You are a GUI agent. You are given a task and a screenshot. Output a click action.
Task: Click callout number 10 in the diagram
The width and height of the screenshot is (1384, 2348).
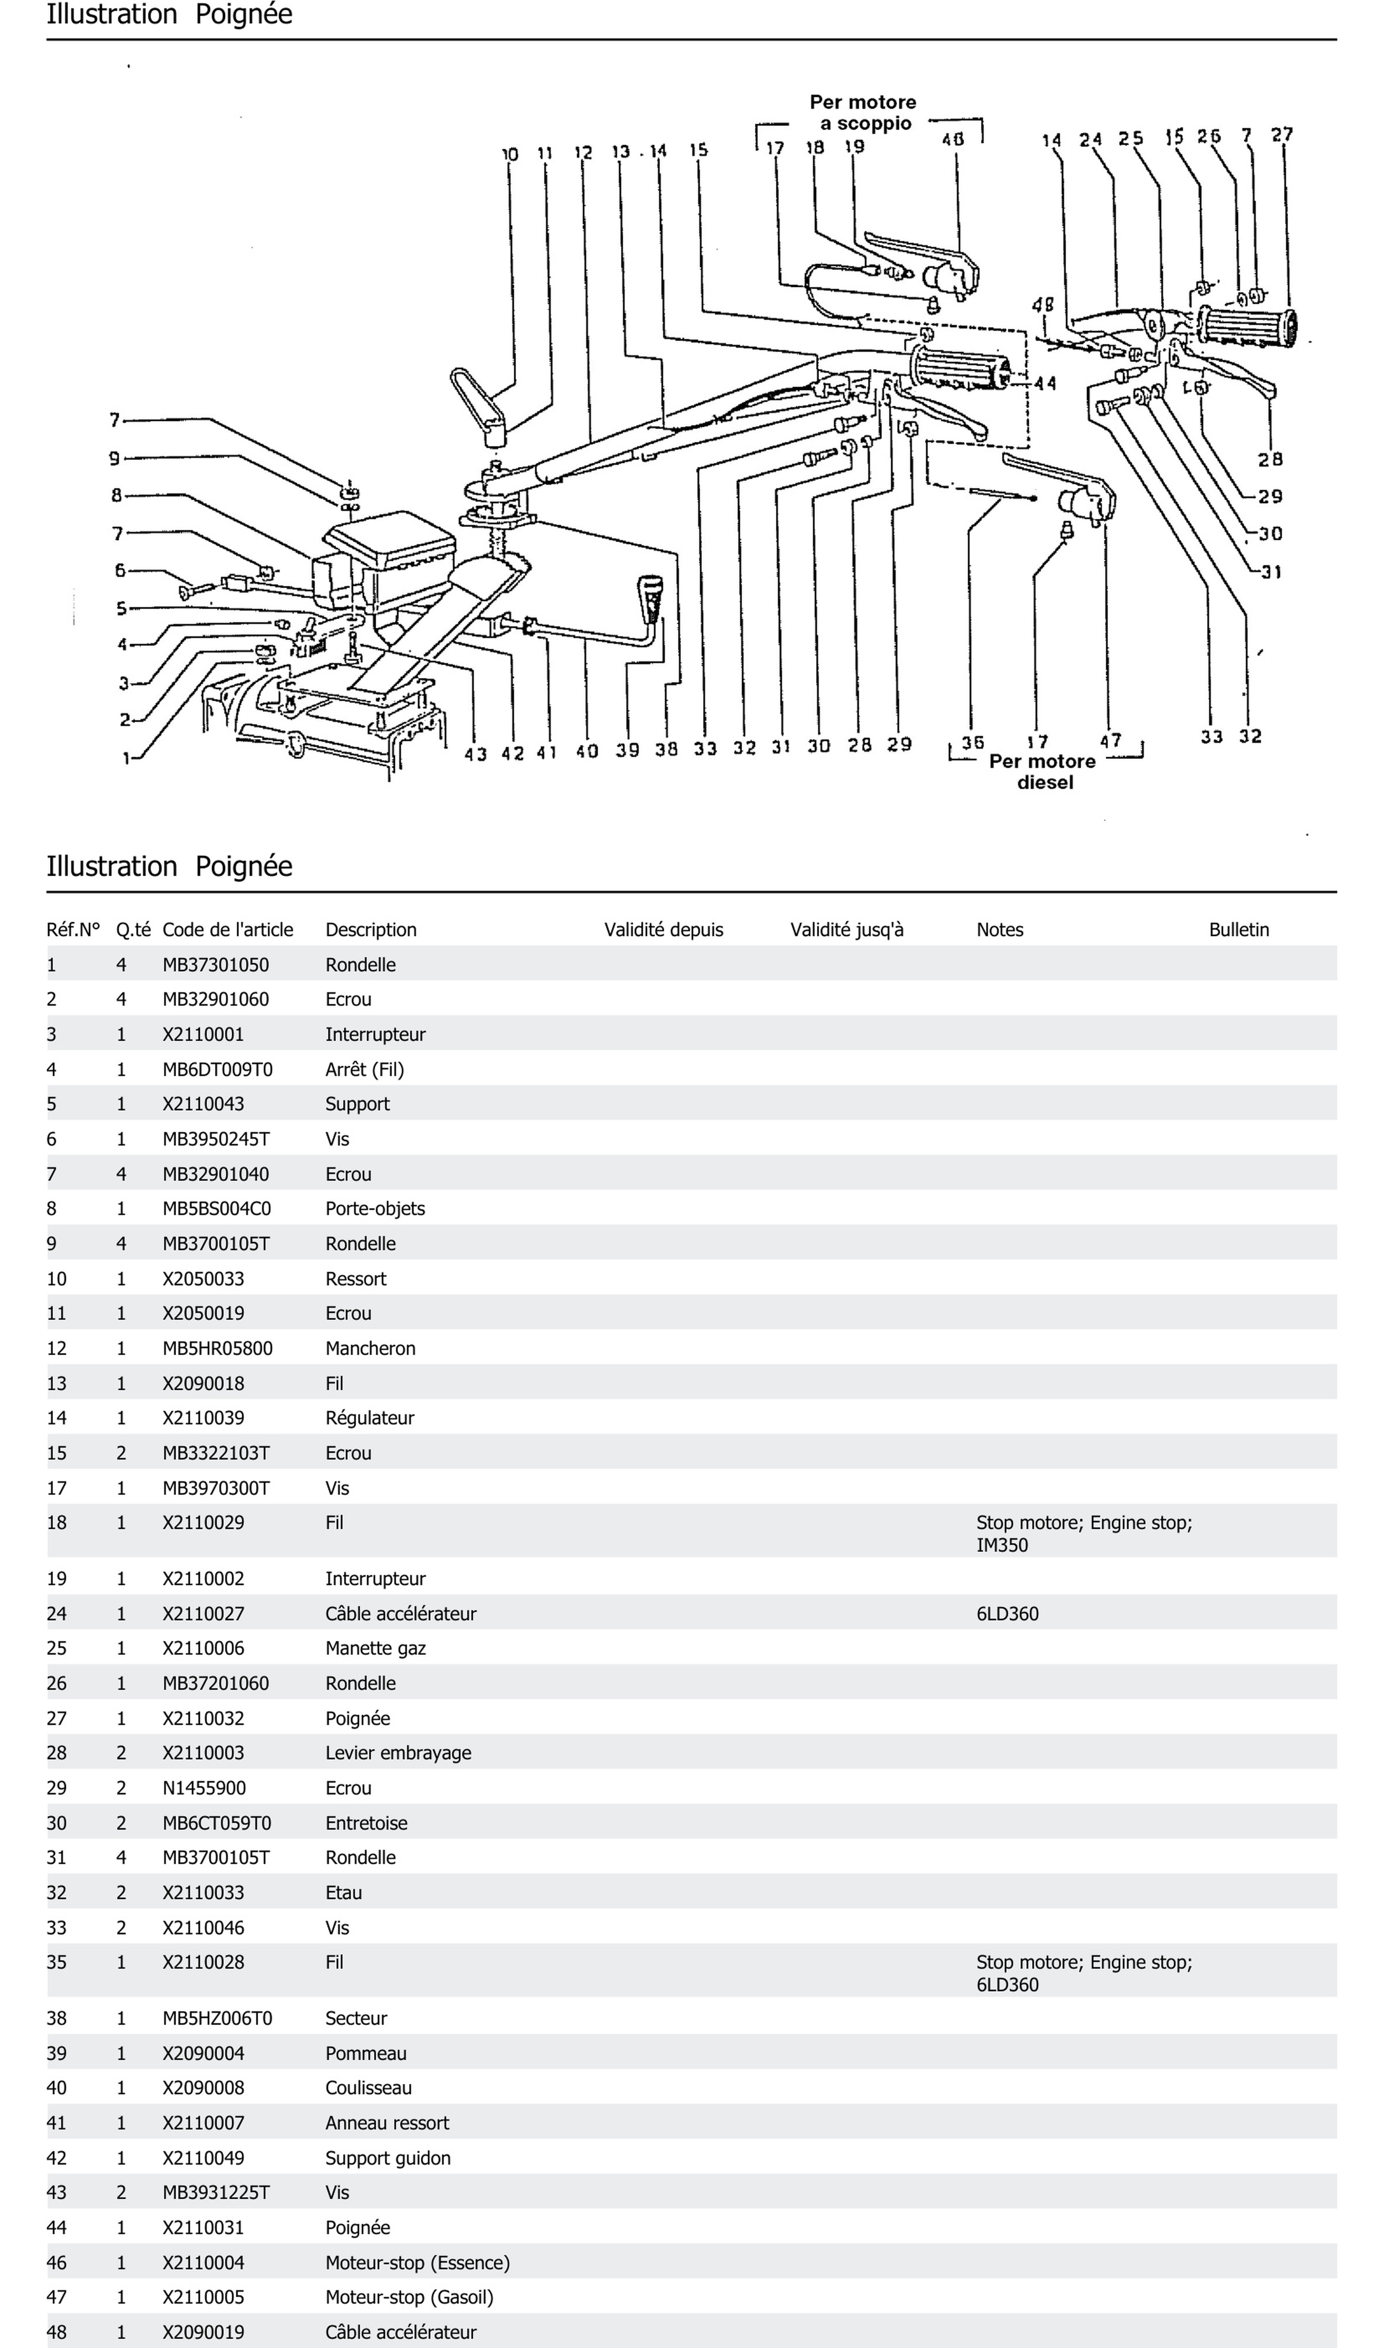tap(510, 154)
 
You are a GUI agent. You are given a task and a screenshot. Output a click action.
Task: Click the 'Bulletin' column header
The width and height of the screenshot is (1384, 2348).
tap(1238, 929)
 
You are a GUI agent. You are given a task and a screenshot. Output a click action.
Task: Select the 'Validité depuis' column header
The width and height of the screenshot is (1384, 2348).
tap(663, 929)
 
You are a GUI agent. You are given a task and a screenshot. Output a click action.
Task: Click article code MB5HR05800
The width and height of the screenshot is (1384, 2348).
tap(217, 1348)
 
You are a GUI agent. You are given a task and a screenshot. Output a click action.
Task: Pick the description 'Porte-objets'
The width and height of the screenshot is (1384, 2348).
tap(375, 1208)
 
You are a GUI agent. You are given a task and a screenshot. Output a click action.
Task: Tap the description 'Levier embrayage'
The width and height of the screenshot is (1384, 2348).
tap(398, 1753)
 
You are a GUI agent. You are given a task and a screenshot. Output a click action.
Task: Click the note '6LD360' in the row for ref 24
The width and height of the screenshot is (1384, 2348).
tap(1007, 1614)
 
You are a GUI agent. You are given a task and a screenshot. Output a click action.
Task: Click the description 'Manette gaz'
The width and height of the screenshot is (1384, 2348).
tap(376, 1649)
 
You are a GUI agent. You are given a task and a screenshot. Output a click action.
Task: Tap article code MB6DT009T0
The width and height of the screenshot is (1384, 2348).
tap(217, 1070)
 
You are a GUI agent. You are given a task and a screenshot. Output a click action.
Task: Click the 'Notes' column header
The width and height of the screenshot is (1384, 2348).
tap(1000, 929)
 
